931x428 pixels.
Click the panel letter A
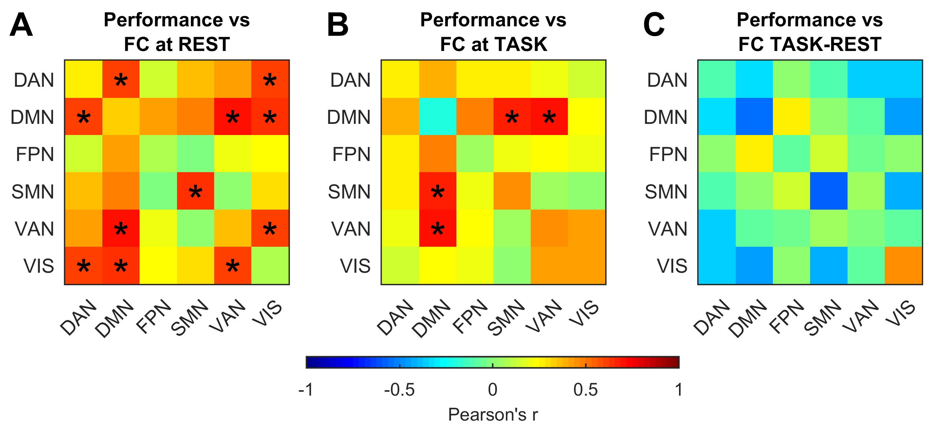pos(21,25)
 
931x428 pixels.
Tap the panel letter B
pos(337,25)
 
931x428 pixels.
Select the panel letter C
pos(654,25)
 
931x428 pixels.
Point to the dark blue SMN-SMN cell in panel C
pos(828,191)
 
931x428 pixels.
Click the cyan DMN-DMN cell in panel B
pos(437,117)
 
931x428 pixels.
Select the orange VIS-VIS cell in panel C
pos(903,265)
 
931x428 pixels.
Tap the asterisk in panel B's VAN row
pos(437,229)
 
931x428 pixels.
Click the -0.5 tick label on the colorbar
pos(399,390)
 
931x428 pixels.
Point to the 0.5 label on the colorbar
pos(585,390)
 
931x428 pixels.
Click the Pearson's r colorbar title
pos(493,414)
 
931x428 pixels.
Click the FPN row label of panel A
pos(35,154)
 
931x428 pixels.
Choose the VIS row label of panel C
pos(672,266)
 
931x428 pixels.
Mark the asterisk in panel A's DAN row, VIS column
pos(270,80)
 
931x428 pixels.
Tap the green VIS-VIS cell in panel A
pos(270,265)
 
